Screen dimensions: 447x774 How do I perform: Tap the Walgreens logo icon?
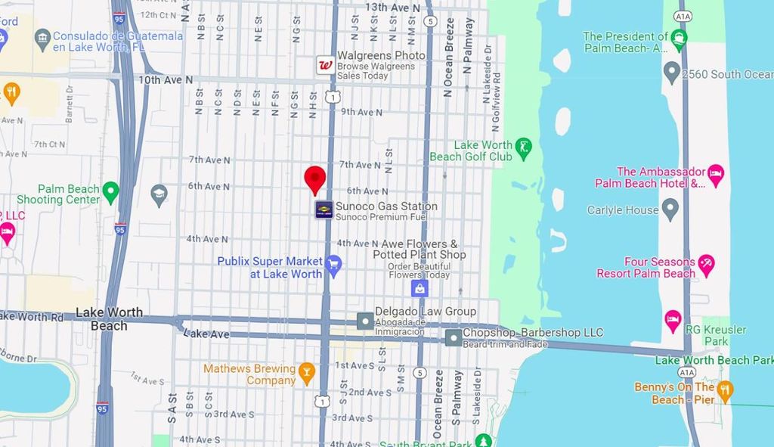tap(325, 65)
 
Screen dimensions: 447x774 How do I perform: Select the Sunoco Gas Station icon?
tap(324, 210)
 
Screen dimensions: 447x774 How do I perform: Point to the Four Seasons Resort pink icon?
tap(706, 265)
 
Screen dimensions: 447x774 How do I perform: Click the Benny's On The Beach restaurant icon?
tap(725, 391)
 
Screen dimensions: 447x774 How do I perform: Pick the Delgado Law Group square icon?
tap(365, 321)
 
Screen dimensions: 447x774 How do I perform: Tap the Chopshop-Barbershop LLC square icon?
tap(453, 337)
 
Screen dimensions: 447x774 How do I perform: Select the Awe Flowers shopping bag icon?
tap(420, 287)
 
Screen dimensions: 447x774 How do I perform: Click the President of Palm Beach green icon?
tap(679, 39)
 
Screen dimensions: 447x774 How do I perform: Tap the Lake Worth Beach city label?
tap(109, 318)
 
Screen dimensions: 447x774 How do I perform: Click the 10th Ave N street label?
tap(166, 79)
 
